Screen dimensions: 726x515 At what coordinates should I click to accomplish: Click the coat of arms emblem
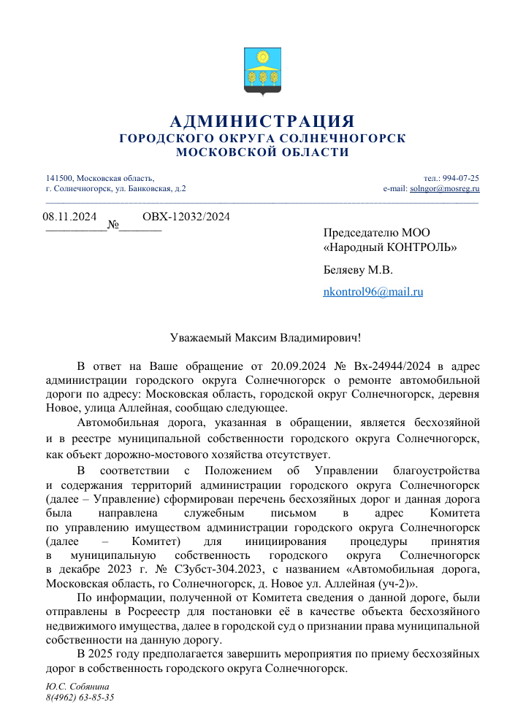click(x=262, y=71)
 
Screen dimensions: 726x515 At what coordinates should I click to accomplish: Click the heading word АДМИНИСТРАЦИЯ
click(x=262, y=121)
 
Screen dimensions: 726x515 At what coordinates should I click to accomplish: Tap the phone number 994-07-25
click(x=461, y=178)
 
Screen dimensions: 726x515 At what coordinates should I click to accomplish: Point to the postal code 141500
click(x=59, y=178)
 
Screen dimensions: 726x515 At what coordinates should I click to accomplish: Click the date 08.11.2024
click(x=70, y=216)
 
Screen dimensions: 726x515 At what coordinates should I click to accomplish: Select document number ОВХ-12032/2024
click(x=186, y=216)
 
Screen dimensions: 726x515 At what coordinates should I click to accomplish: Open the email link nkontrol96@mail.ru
click(x=373, y=292)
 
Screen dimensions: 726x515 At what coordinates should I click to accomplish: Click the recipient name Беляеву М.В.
click(x=358, y=270)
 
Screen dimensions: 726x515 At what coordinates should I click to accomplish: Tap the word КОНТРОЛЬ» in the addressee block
click(x=424, y=247)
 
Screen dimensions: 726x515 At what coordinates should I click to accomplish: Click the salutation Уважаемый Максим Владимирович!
click(x=261, y=338)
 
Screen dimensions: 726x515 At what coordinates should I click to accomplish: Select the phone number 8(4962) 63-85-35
click(x=80, y=698)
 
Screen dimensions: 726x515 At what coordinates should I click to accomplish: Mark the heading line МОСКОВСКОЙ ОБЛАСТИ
click(x=262, y=152)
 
